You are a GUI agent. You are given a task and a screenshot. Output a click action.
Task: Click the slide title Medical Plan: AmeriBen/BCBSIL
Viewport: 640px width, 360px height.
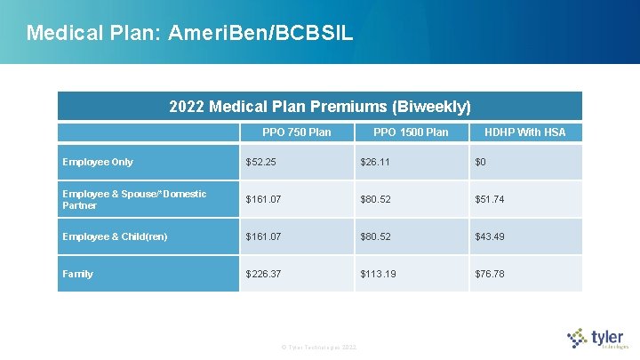pos(189,34)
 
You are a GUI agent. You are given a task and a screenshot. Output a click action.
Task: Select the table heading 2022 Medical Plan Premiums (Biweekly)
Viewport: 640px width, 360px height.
pos(320,107)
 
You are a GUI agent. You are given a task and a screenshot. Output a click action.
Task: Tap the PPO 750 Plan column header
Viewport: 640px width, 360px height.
pos(296,132)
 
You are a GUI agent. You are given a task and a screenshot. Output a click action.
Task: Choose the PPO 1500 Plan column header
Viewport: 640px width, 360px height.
pos(411,132)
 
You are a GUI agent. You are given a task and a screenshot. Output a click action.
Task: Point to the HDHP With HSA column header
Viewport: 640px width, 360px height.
pos(524,132)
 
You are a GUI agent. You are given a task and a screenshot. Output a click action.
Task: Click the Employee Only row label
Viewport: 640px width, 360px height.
pos(98,162)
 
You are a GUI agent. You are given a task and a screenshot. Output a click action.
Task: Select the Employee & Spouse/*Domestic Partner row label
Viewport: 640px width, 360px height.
pos(134,199)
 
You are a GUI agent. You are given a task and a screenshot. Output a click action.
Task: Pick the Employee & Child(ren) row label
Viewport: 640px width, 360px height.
pos(115,236)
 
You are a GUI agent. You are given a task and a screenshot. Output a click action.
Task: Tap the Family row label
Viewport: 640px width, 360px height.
pos(77,274)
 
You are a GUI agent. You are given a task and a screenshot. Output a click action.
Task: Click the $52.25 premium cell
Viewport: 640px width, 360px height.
pos(262,162)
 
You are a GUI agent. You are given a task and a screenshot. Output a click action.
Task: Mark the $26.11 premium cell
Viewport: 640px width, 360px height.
pos(377,162)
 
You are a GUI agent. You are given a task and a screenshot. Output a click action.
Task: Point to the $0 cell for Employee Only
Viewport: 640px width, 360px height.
pos(481,162)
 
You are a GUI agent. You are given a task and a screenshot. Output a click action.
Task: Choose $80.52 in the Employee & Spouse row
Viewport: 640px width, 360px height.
pos(377,199)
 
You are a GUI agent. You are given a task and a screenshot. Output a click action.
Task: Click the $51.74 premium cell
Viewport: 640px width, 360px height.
pos(490,199)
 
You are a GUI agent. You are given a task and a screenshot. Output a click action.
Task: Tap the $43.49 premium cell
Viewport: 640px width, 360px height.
pos(490,236)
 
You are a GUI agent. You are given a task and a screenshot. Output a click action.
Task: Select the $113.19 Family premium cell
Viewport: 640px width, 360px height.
pos(380,274)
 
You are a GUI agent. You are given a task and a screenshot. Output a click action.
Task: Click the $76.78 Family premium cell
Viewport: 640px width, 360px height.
pos(490,274)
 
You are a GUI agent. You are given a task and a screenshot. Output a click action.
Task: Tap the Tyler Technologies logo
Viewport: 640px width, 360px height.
pos(598,339)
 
